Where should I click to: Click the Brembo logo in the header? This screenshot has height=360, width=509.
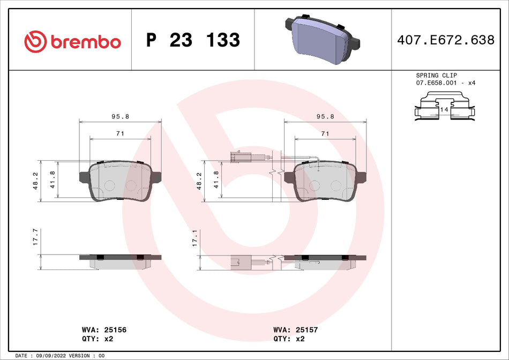(72, 41)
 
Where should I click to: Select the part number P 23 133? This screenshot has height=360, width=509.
(193, 40)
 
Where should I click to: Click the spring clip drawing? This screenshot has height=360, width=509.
(443, 107)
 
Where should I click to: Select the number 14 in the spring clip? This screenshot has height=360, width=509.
(444, 109)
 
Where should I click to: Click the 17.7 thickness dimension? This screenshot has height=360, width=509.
(35, 237)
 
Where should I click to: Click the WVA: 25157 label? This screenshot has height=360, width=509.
(295, 330)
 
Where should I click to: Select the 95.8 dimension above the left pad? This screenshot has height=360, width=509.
(119, 116)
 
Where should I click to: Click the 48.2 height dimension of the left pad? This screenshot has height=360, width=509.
(35, 181)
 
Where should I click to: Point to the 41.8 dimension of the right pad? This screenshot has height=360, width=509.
(216, 181)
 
